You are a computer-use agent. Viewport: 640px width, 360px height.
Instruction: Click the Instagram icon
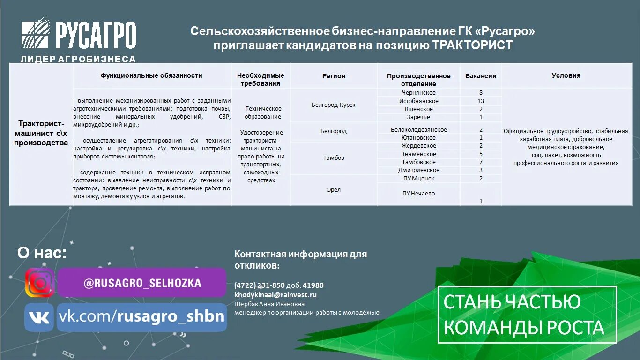(x=39, y=283)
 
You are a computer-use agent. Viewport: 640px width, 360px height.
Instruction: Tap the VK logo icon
(x=39, y=317)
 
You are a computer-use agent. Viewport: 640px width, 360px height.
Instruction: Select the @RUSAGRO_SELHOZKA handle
(x=142, y=283)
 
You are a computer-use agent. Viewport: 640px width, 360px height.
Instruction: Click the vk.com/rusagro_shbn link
(x=141, y=316)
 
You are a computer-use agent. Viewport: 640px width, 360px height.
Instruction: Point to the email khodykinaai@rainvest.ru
(x=275, y=295)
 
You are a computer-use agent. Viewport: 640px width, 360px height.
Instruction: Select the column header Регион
(x=334, y=76)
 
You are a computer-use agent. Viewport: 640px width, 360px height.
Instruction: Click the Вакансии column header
(x=481, y=76)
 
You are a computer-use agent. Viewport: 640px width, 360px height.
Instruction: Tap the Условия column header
(x=566, y=75)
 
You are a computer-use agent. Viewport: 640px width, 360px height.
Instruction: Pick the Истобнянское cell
(x=418, y=101)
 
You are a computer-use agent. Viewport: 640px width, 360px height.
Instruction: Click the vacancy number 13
(x=481, y=101)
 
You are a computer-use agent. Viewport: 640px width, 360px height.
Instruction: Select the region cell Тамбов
(x=334, y=158)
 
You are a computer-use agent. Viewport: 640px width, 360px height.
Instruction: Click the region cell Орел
(x=334, y=190)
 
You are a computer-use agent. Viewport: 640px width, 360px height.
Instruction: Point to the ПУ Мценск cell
(x=418, y=179)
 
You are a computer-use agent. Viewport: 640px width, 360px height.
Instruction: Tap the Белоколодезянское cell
(x=418, y=130)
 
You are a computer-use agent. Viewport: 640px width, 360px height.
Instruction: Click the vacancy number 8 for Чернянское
(x=481, y=93)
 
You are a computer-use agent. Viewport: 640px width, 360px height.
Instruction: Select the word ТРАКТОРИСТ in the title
(x=472, y=45)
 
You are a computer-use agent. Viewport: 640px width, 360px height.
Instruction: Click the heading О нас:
(x=42, y=253)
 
